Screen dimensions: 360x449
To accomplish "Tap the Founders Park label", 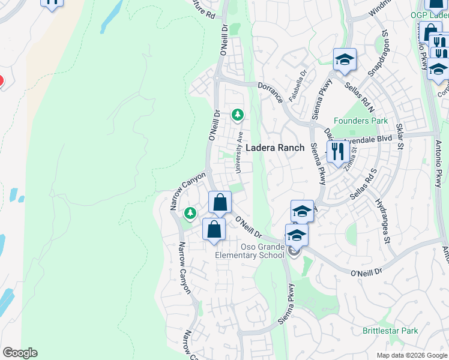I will (361, 121).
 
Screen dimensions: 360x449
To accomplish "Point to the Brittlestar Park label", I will (390, 331).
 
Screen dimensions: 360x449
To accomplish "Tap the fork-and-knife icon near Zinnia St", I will (337, 152).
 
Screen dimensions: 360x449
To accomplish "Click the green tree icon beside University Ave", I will (238, 114).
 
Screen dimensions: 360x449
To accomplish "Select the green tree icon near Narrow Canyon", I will (190, 213).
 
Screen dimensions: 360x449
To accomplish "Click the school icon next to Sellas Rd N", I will (345, 59).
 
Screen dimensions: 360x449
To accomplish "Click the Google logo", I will (20, 353).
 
